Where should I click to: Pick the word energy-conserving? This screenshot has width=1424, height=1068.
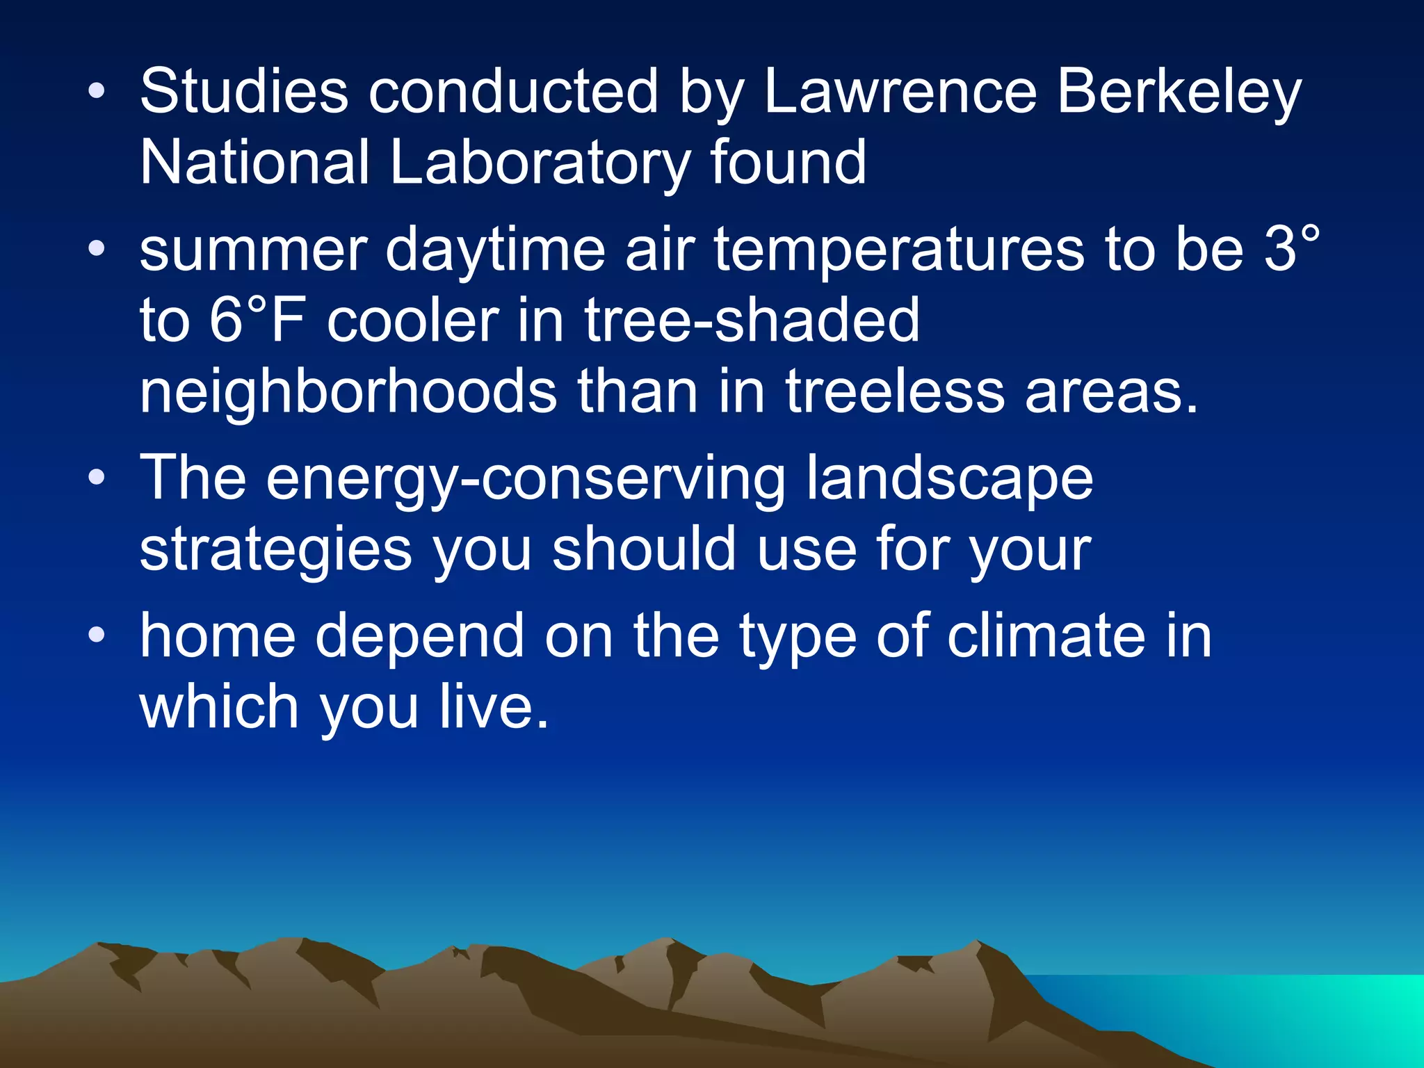(526, 479)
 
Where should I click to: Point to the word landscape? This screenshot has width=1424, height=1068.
(950, 478)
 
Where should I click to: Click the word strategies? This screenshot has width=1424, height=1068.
(276, 550)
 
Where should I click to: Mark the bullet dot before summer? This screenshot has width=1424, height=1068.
(97, 249)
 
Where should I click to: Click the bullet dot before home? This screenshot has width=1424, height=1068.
(97, 636)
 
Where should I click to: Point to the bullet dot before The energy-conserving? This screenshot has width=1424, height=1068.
(97, 478)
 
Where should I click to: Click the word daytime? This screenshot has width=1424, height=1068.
(495, 250)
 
